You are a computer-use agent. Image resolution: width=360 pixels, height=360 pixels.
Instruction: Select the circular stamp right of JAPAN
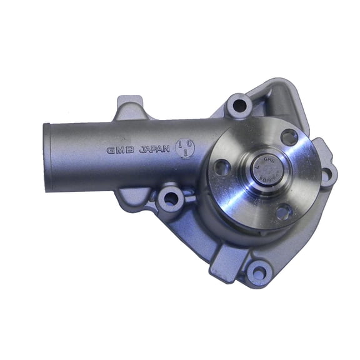[x=186, y=148]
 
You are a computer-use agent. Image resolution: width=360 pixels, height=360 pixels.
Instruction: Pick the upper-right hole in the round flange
[x=289, y=136]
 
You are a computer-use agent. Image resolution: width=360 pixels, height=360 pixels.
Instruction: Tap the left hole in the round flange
[x=222, y=167]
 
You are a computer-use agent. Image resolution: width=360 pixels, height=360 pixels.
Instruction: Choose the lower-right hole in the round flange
[x=283, y=212]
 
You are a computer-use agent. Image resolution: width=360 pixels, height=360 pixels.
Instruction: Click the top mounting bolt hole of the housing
[x=238, y=105]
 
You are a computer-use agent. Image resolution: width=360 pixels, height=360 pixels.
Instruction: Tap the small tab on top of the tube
[x=129, y=107]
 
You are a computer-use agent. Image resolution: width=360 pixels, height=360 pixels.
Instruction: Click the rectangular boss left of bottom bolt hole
[x=222, y=258]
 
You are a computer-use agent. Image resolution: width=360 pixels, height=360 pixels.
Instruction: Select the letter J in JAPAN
[x=141, y=150]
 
